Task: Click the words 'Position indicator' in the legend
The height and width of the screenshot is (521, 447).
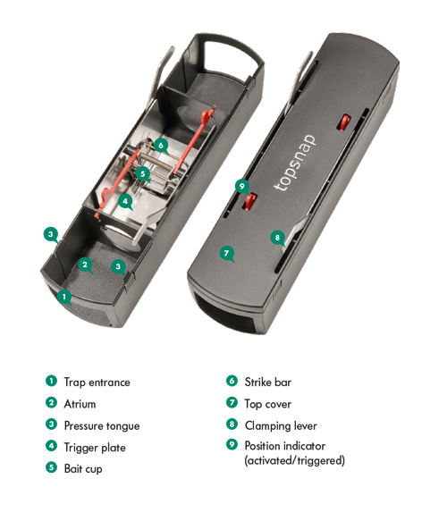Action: click(289, 446)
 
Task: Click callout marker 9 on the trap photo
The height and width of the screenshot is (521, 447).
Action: click(241, 186)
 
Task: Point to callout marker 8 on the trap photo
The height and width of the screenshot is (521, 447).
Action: click(277, 237)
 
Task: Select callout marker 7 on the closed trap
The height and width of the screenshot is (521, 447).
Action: click(227, 254)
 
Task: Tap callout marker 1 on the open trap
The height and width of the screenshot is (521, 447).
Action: click(63, 296)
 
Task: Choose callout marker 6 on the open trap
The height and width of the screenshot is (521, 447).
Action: click(160, 144)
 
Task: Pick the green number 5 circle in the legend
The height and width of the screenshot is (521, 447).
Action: click(52, 468)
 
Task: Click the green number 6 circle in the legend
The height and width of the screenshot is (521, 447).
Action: click(232, 382)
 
